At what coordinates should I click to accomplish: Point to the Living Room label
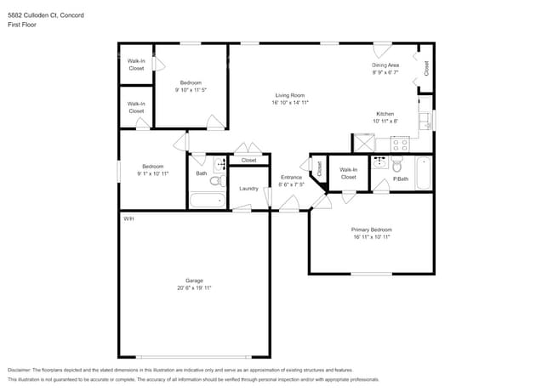point(290,94)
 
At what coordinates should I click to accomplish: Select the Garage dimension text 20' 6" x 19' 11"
point(194,288)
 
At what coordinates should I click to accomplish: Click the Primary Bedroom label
point(371,229)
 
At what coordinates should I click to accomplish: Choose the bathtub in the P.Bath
point(424,173)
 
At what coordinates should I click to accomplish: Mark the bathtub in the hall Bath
point(208,201)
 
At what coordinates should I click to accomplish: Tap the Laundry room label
point(248,188)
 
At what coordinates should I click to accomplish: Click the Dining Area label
point(385,65)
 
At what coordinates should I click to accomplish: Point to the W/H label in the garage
point(128,218)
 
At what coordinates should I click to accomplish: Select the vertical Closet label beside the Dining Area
point(426,68)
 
